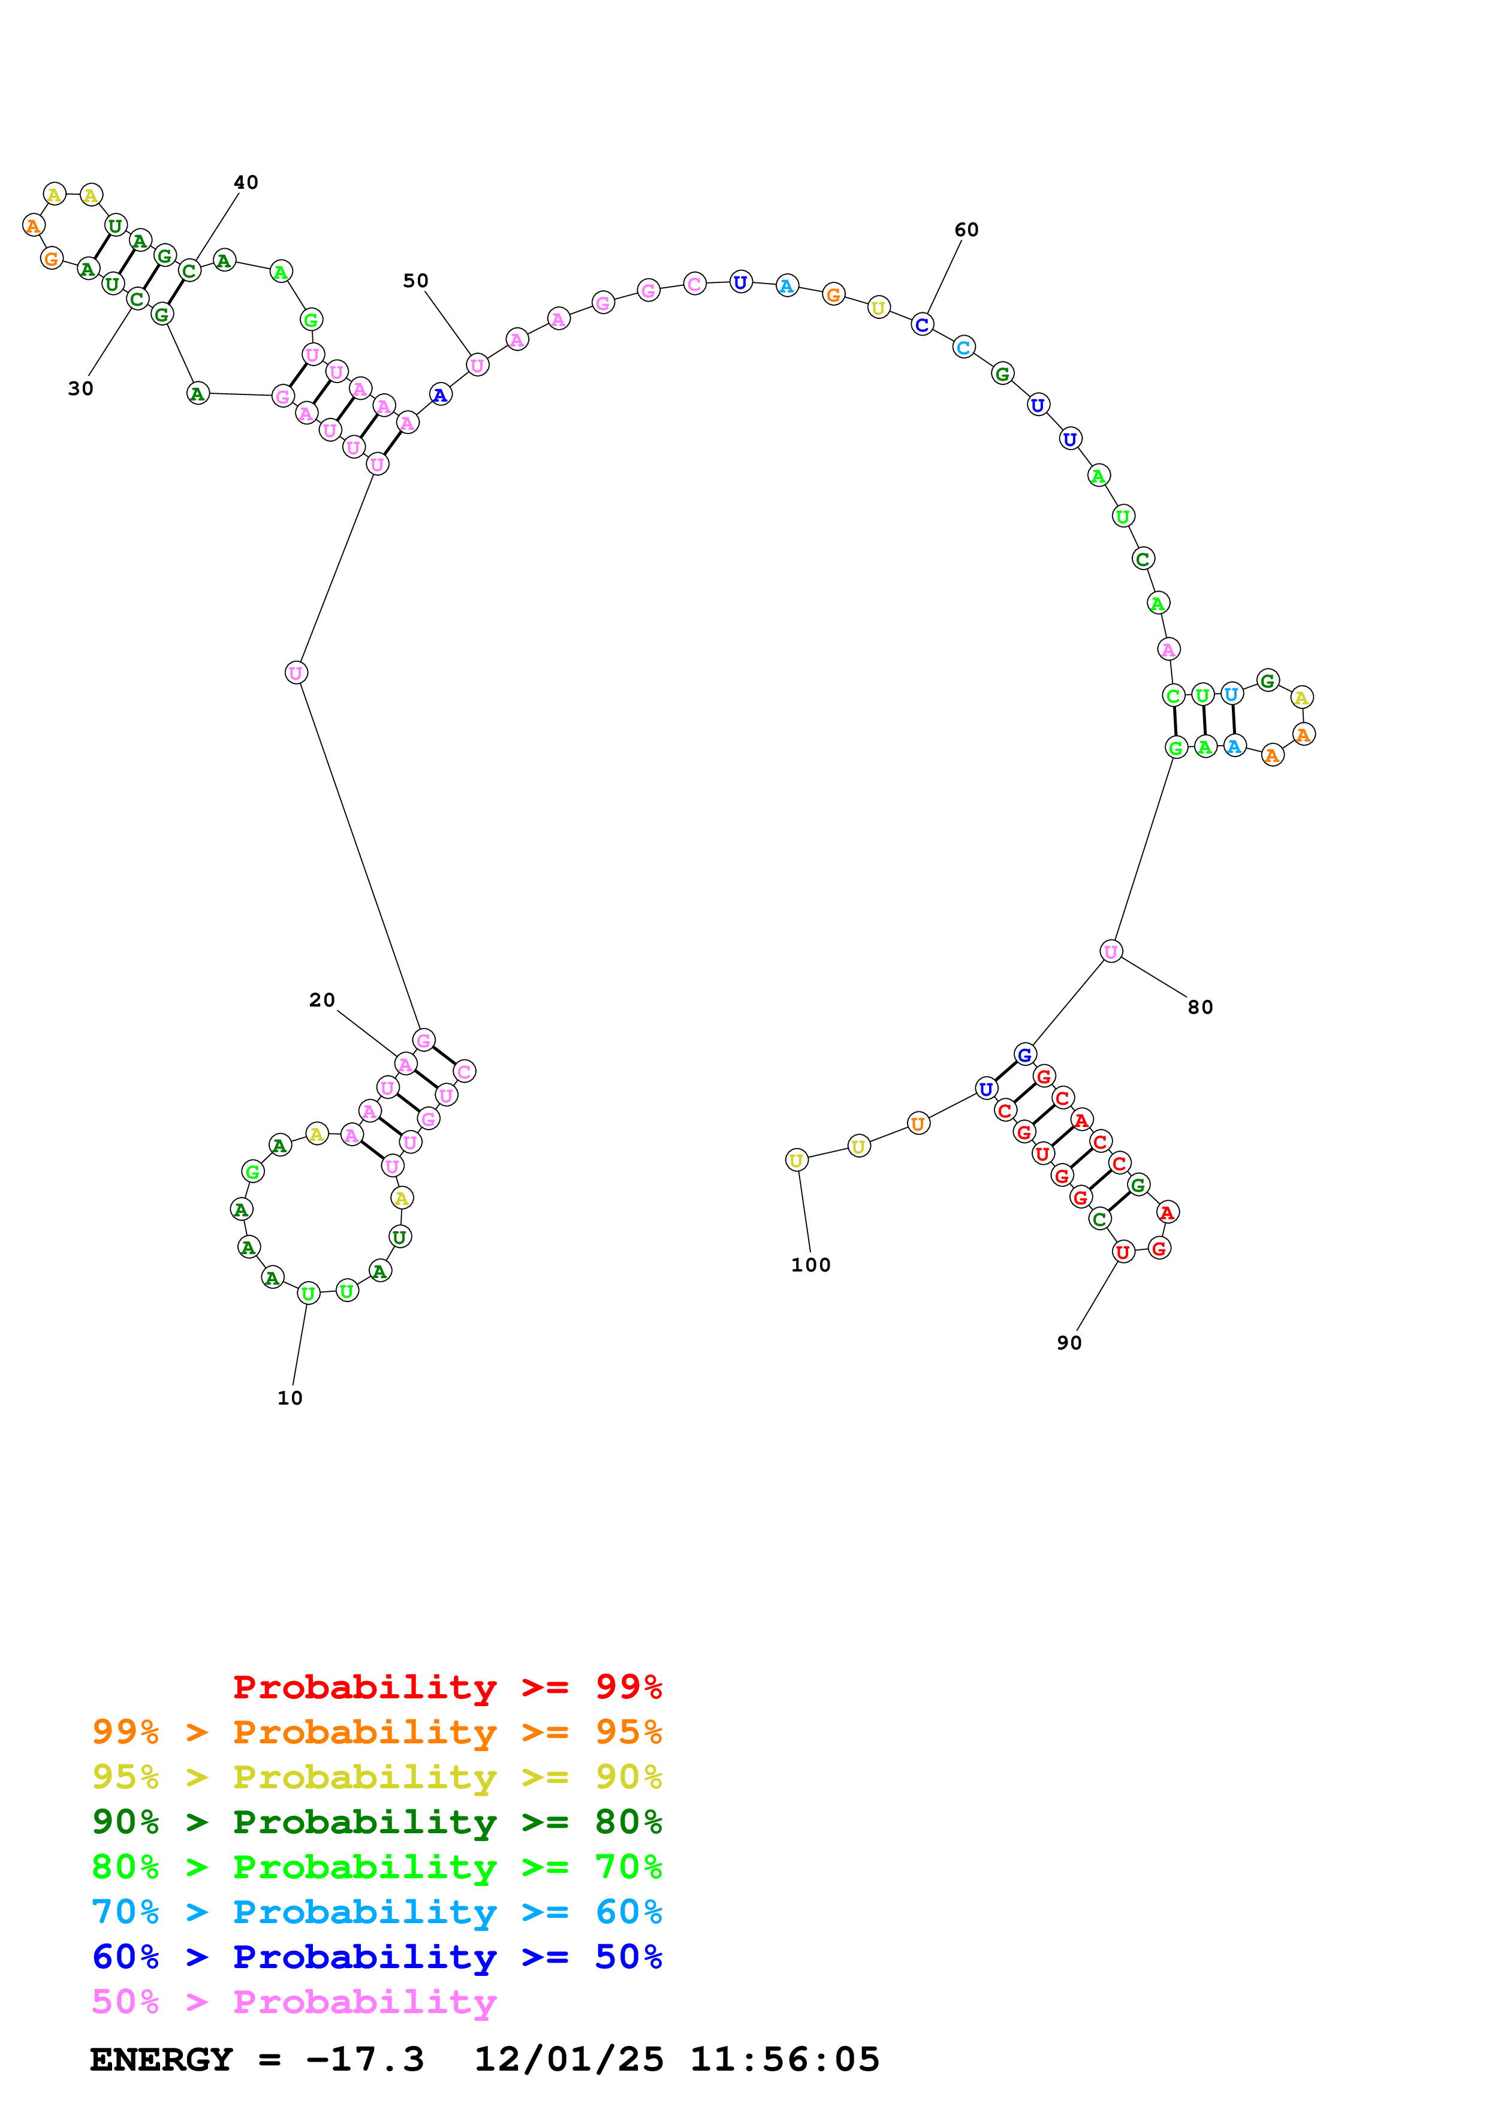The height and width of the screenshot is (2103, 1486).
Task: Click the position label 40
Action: (x=245, y=182)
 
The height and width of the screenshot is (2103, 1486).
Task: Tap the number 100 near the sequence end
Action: (x=810, y=1265)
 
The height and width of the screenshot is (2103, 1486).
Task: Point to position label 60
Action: (x=966, y=230)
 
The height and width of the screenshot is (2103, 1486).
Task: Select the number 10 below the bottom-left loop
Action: (x=290, y=1398)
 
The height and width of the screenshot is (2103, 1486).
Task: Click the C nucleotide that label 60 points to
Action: (x=922, y=325)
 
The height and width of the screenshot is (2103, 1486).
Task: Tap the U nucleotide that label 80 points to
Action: (x=1111, y=951)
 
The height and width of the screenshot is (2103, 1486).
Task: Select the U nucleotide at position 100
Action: (x=797, y=1161)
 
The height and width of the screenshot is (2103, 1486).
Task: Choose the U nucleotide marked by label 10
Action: (x=309, y=1293)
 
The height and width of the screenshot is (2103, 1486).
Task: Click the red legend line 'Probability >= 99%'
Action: (x=447, y=1687)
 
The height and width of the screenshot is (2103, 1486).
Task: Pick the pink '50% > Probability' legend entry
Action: (x=294, y=2001)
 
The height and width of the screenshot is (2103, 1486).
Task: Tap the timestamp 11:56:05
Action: (x=783, y=2060)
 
